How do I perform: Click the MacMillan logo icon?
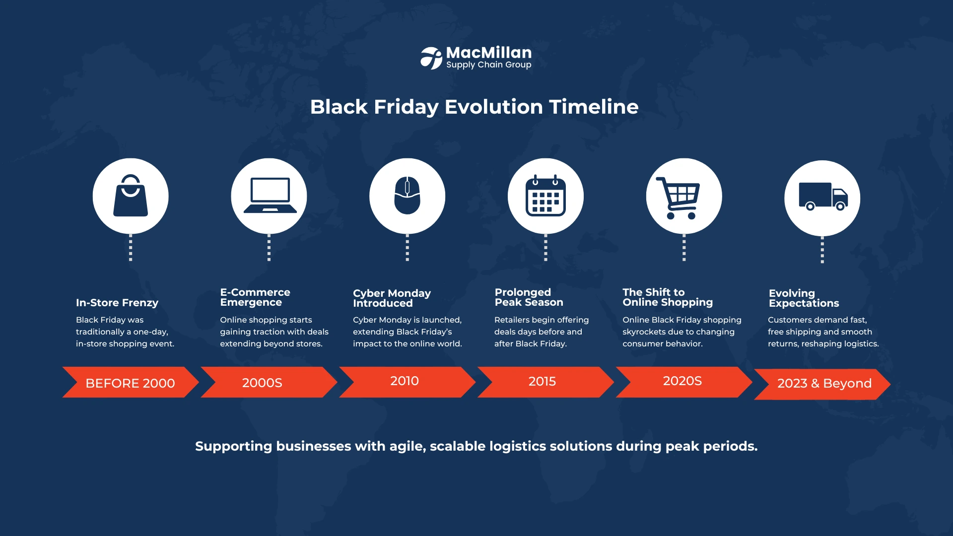coord(431,58)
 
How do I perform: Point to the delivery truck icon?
coord(823,197)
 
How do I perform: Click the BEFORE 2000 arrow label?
coord(130,383)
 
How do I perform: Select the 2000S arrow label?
coord(262,383)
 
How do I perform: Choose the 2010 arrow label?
coord(405,381)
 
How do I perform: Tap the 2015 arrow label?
coord(542,381)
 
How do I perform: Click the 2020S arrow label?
coord(682,381)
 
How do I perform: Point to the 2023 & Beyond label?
coord(824,383)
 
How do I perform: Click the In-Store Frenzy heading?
coord(117,303)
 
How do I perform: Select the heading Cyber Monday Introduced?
coord(392,298)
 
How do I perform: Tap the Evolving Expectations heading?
coord(804,298)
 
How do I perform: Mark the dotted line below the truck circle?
coord(822,250)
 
